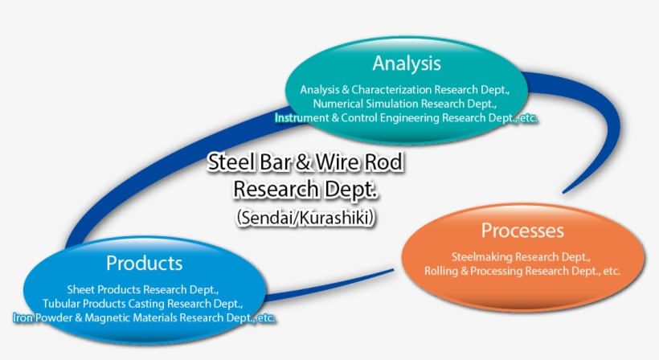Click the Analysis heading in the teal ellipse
click(x=406, y=63)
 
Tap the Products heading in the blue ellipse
click(x=144, y=263)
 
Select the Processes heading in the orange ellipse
click(x=522, y=231)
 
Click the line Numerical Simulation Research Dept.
click(x=406, y=104)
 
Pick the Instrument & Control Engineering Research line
click(x=406, y=118)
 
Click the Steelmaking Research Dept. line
click(x=522, y=257)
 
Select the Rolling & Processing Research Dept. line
click(x=522, y=272)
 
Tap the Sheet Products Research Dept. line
click(x=144, y=289)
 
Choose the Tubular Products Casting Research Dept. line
click(x=144, y=304)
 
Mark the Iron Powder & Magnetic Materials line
click(x=144, y=318)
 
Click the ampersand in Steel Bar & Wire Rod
click(x=302, y=163)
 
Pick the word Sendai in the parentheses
click(x=271, y=218)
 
